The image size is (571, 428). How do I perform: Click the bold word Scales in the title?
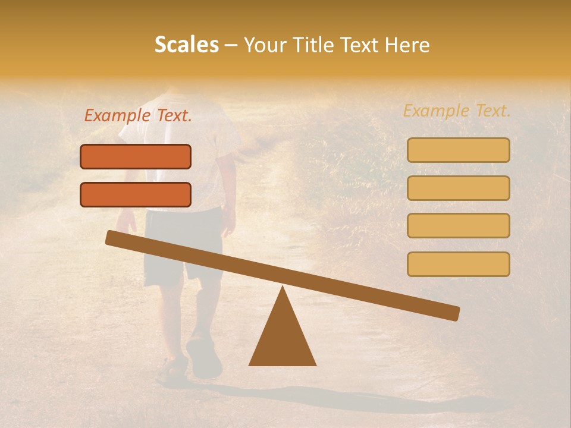186,45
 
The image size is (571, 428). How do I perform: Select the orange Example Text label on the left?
138,116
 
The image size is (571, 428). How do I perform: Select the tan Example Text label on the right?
457,111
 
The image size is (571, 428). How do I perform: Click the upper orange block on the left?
136,156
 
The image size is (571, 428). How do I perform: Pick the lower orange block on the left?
136,194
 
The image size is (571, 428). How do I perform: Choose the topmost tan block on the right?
458,150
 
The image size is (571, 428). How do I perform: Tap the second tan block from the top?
458,188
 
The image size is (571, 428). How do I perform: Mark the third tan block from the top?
458,225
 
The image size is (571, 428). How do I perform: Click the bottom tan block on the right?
458,264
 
